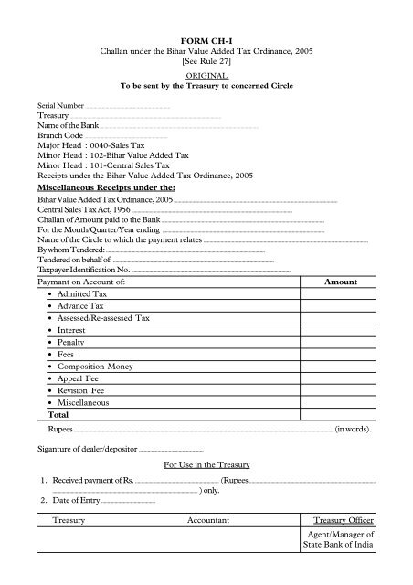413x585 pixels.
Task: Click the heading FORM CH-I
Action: click(206, 43)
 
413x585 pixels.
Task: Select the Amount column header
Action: click(342, 283)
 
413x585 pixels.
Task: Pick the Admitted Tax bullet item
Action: click(82, 295)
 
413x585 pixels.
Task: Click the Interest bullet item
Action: click(72, 330)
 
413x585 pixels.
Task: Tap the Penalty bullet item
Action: click(72, 342)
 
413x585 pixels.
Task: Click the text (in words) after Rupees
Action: click(352, 428)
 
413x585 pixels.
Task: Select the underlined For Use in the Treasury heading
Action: click(206, 465)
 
